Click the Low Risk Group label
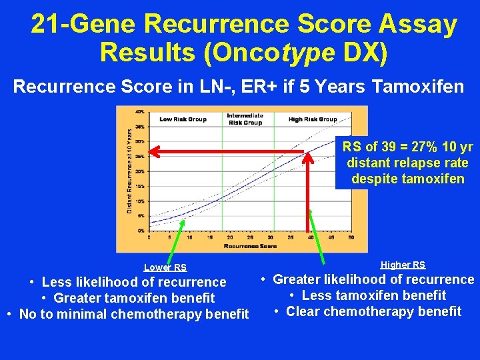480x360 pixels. point(183,119)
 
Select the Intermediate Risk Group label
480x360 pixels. point(245,119)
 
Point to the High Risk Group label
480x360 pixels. point(313,119)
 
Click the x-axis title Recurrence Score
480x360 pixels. point(250,246)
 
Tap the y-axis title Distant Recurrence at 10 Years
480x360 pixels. point(129,171)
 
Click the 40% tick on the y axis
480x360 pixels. point(141,111)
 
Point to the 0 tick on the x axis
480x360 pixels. point(149,237)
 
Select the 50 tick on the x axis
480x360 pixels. point(351,237)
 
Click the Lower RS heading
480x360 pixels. point(165,267)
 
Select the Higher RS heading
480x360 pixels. point(403,265)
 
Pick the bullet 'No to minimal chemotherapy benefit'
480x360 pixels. point(127,314)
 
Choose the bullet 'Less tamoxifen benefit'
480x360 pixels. point(369,295)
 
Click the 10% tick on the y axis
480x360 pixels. point(141,201)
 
